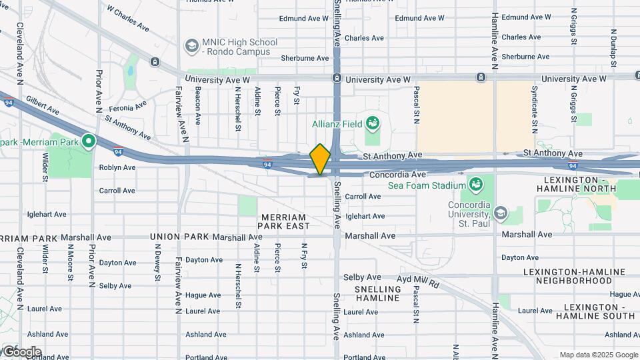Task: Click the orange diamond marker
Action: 320,159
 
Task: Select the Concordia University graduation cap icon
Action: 500,213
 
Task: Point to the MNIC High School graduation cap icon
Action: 192,45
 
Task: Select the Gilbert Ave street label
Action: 43,107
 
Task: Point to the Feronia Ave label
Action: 128,107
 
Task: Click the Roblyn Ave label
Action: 117,167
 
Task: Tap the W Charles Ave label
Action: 127,20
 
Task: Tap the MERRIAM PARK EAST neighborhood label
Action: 283,222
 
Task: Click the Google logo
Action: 21,351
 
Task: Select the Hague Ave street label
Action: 203,295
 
